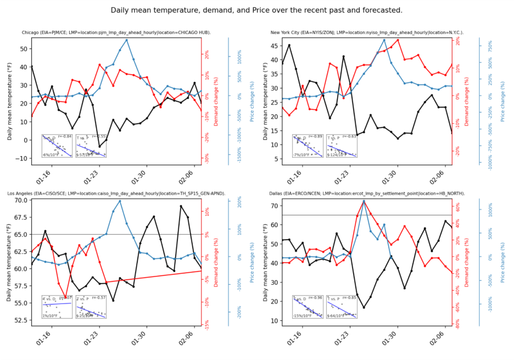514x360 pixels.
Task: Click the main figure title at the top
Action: tap(256, 10)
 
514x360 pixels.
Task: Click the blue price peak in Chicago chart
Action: tap(127, 40)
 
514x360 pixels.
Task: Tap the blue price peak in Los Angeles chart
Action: tap(120, 201)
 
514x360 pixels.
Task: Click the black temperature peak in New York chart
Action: tap(289, 45)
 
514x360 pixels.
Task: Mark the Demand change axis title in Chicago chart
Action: tap(217, 102)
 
